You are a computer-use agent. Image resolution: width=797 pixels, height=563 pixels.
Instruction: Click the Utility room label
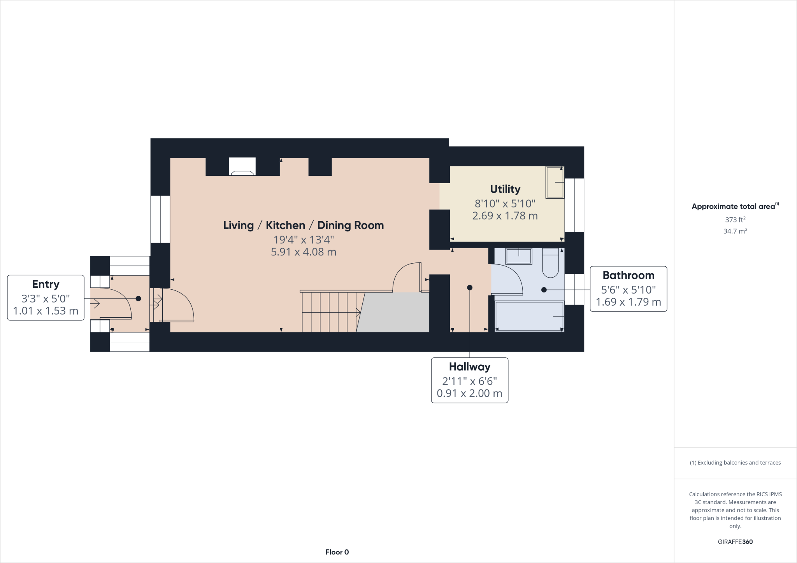tap(505, 189)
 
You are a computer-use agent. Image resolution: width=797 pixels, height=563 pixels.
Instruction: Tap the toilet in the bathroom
tap(550, 263)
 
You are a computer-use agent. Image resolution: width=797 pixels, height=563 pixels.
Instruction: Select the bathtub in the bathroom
tap(529, 316)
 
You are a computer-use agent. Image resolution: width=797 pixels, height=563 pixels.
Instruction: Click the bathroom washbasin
tap(518, 256)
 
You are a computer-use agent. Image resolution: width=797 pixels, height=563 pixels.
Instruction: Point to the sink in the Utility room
tap(555, 182)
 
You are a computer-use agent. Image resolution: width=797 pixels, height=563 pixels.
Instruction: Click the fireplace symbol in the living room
tap(242, 167)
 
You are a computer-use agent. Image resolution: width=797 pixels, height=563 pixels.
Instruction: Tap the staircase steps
tap(329, 312)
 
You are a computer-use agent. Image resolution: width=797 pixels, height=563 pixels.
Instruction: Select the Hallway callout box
tap(469, 380)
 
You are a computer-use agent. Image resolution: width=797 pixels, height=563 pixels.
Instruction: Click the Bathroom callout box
tap(628, 289)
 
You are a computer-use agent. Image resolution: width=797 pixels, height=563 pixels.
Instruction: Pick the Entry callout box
tap(46, 298)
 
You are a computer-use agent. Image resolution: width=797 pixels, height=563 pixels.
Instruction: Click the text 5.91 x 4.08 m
tap(304, 252)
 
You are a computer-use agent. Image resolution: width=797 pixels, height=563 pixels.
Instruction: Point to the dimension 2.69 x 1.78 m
tap(505, 216)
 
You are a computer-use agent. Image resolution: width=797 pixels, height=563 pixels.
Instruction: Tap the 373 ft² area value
tap(735, 220)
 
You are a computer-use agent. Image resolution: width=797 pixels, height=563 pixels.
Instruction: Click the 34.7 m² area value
tap(735, 231)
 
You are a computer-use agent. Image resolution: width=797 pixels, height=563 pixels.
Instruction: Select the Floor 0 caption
tap(337, 552)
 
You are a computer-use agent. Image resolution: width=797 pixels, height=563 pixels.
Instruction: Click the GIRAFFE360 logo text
tap(735, 542)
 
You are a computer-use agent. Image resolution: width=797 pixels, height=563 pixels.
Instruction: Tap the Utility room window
tap(574, 205)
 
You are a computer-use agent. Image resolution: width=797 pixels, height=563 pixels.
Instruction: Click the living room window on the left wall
tap(160, 219)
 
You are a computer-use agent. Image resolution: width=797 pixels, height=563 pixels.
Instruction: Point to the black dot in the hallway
tap(470, 288)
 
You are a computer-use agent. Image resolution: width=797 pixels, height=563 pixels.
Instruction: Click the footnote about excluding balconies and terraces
tap(735, 463)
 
